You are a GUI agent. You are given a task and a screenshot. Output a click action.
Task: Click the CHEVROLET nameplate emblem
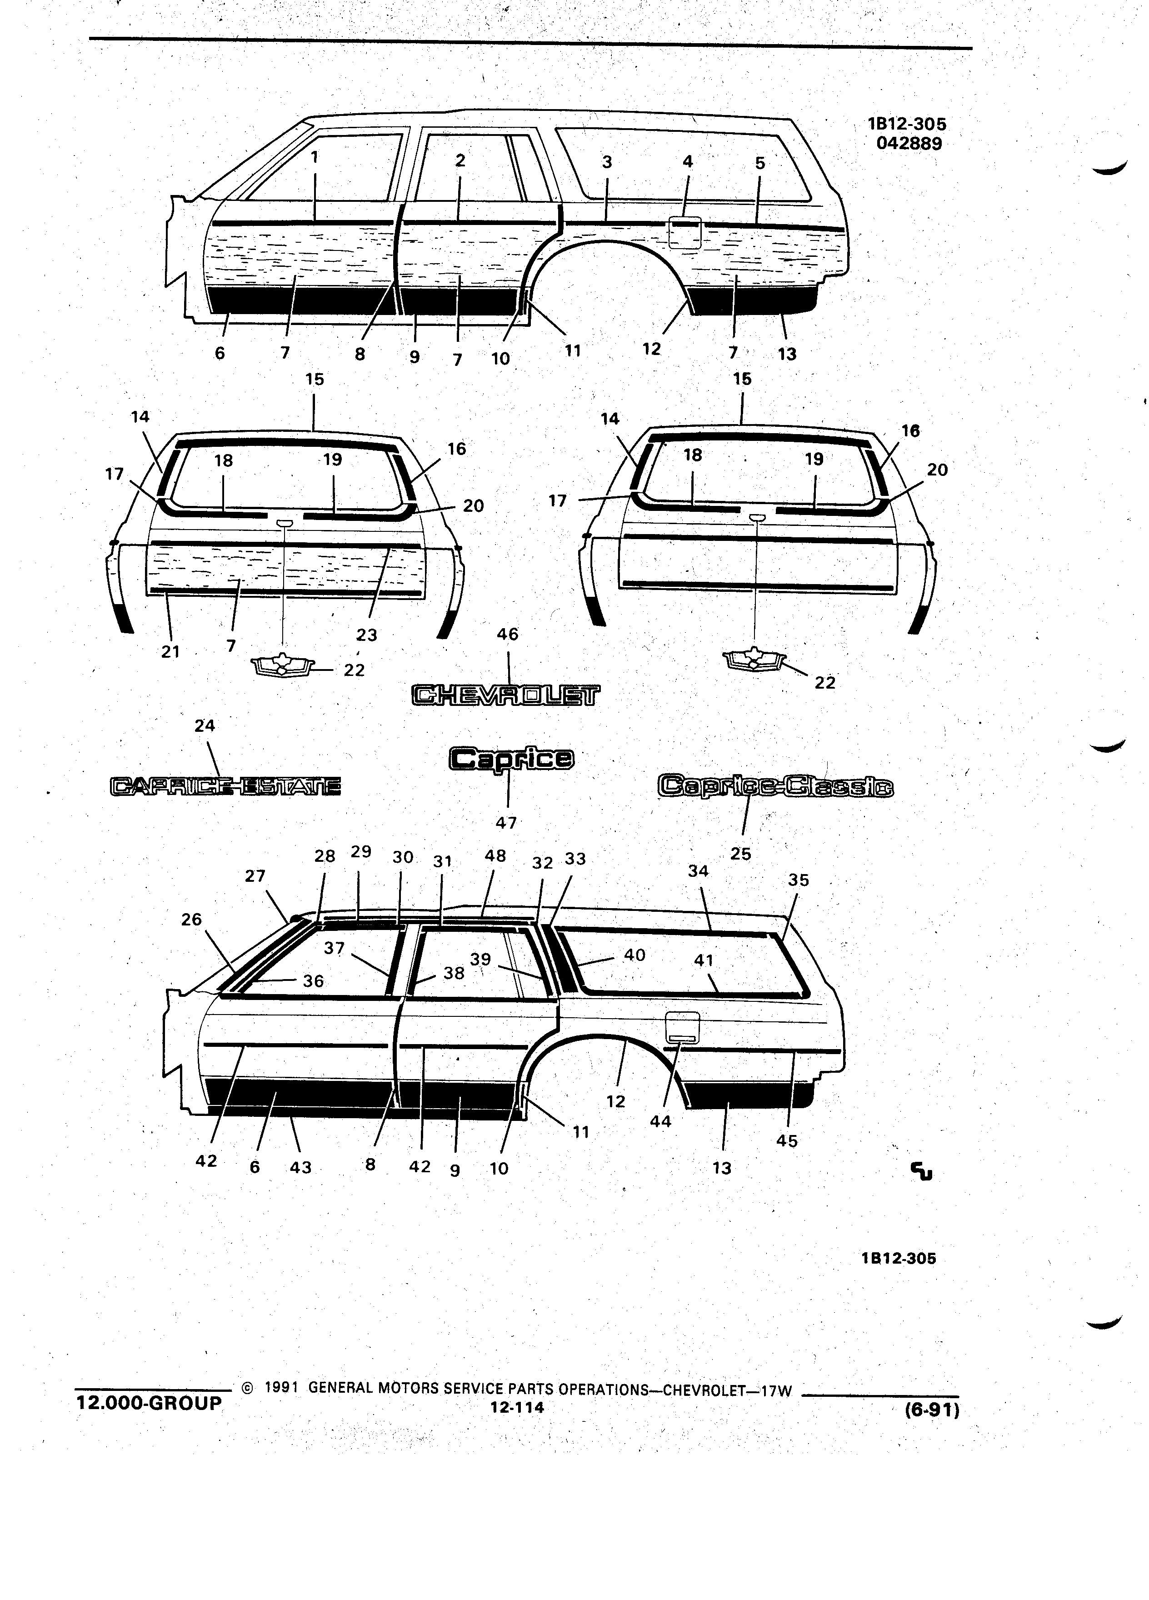[x=506, y=695]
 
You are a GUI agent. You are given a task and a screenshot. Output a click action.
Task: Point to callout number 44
[x=661, y=1121]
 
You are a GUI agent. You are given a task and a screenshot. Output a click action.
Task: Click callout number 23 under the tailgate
[x=367, y=635]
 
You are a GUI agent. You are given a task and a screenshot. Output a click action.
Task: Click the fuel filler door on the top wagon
[x=684, y=231]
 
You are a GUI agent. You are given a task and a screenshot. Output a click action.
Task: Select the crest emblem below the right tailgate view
[x=755, y=659]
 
